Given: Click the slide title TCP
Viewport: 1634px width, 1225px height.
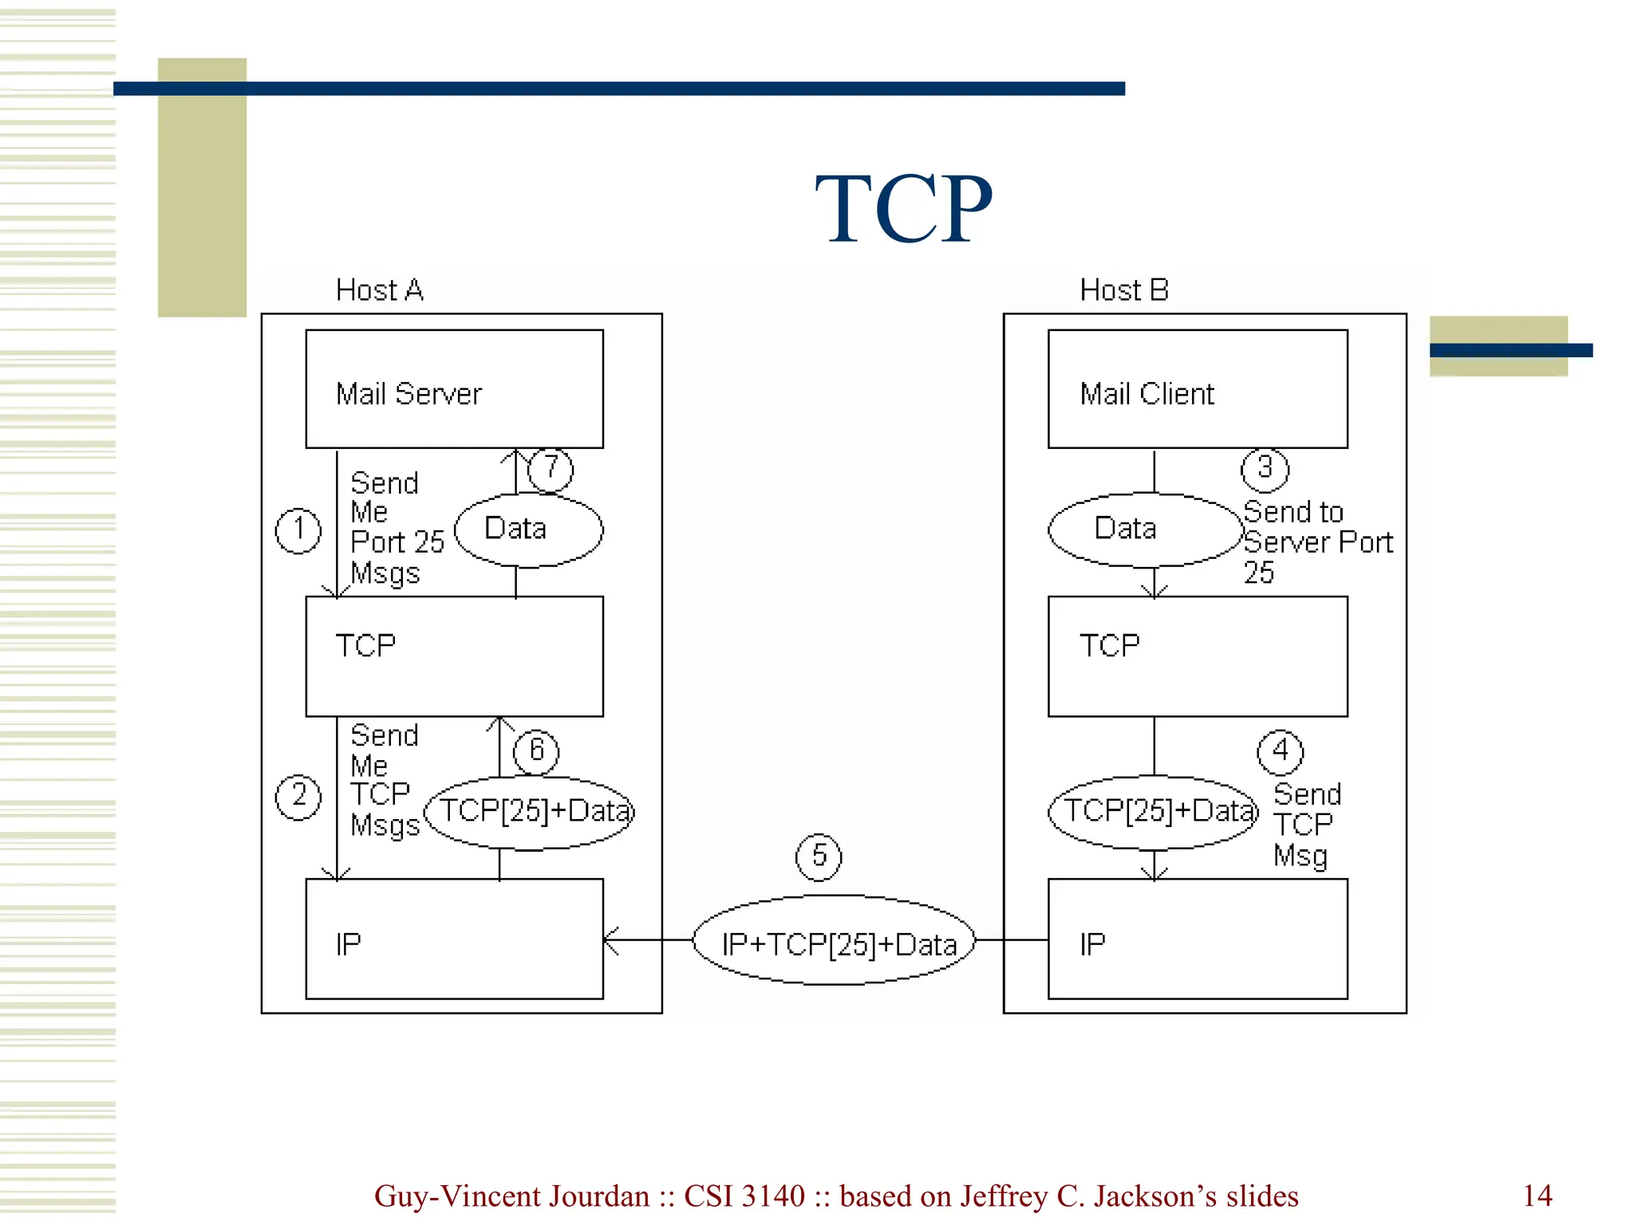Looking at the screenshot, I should click(903, 209).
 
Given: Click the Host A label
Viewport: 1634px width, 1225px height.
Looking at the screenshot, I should click(379, 290).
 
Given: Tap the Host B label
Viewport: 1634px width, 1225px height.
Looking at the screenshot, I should click(1123, 290).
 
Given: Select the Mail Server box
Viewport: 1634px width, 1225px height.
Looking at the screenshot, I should click(454, 389).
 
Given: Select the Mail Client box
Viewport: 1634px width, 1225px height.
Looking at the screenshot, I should click(1197, 389).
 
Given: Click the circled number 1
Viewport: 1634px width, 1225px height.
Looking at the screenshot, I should click(298, 531).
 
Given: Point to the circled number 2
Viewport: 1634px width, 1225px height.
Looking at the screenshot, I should click(298, 797).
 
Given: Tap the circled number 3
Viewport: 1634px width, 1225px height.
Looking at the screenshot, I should click(1265, 469).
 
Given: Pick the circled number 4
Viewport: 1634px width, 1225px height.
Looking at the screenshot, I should click(1280, 752).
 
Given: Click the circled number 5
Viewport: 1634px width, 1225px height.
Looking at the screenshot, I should click(819, 857).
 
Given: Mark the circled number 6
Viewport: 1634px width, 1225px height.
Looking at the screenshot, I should click(535, 751).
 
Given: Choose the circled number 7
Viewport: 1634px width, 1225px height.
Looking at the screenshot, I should click(551, 469).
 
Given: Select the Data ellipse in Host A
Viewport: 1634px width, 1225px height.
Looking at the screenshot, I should click(528, 530).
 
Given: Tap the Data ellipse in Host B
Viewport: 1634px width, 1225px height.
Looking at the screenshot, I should click(1146, 530).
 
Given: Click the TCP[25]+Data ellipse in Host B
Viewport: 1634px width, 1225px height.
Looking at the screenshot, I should click(1153, 812).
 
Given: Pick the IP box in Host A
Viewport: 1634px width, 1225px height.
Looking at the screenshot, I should click(454, 939).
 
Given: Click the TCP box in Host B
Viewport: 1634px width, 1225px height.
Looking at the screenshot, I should click(1197, 656).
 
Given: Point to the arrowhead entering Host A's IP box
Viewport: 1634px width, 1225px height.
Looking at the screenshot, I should click(610, 940).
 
